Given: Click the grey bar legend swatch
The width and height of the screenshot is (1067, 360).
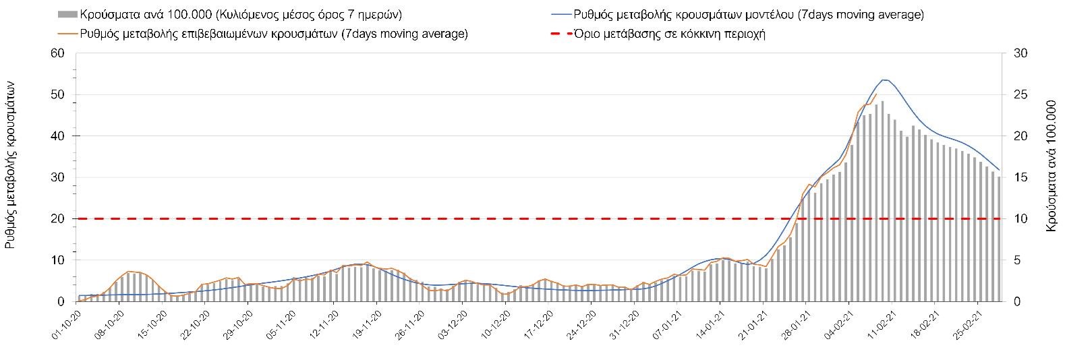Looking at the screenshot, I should [x=67, y=14].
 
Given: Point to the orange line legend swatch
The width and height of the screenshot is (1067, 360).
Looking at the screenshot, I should [x=67, y=34].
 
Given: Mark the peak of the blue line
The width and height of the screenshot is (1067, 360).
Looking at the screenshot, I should [x=884, y=80].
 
